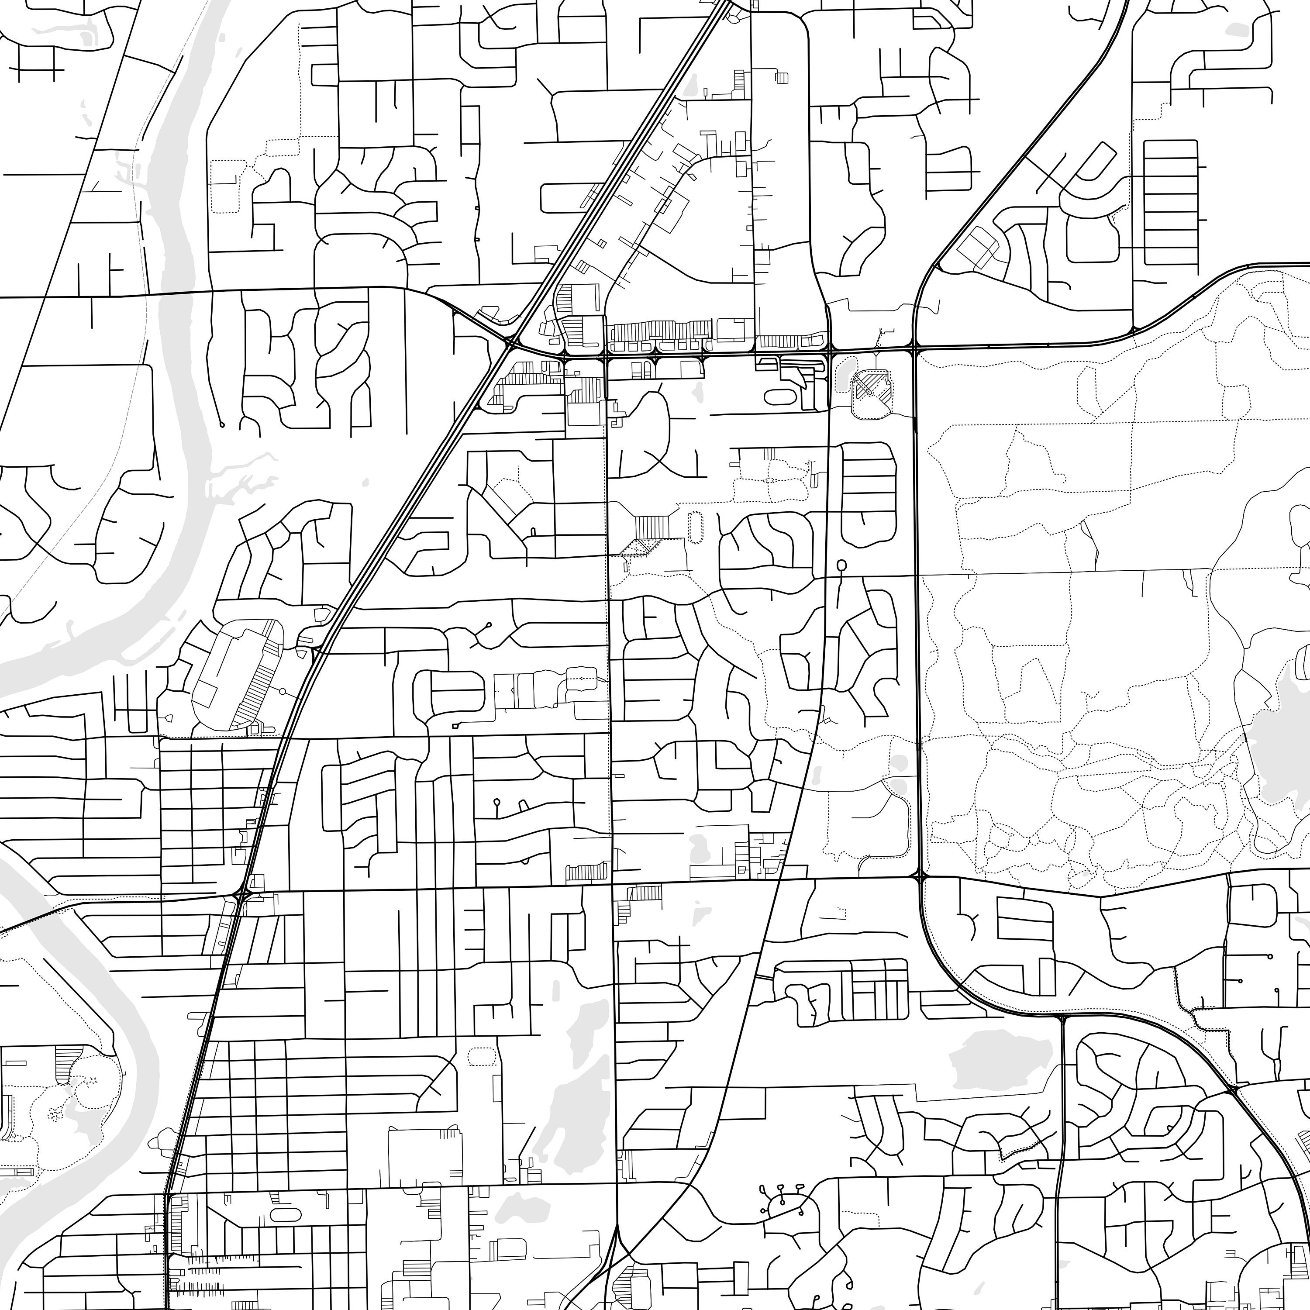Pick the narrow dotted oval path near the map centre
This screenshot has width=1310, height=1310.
[695, 527]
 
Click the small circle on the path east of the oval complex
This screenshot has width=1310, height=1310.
[281, 692]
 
